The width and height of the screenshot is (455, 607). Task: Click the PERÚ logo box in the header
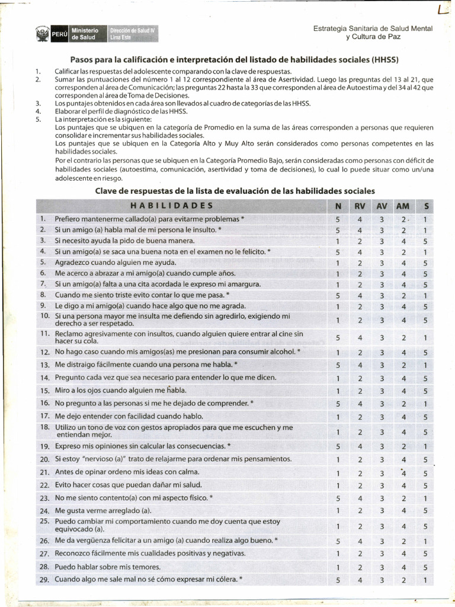tap(59, 34)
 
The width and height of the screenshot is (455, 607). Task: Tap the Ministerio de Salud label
tap(85, 34)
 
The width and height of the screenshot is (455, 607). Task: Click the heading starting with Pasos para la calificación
tap(235, 60)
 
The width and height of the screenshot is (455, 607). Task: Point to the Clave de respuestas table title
tap(235, 191)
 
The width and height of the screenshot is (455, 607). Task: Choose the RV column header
tap(360, 206)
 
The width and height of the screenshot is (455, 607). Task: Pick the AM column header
tap(402, 206)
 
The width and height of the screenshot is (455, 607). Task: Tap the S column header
tap(425, 206)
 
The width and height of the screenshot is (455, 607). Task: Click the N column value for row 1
tap(338, 219)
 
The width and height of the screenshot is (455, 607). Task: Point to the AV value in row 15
tap(382, 391)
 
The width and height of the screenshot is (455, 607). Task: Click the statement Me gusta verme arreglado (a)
tap(103, 510)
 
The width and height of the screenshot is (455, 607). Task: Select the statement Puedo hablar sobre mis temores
tap(107, 567)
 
